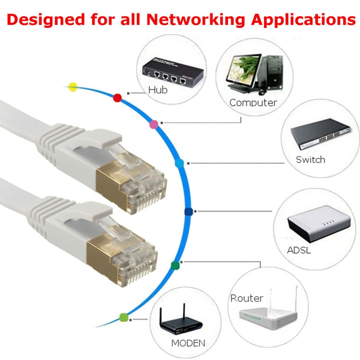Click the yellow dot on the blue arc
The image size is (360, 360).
72,87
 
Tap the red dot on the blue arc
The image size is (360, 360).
117,98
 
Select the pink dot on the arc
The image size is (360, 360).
154,124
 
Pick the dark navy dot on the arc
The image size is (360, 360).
188,212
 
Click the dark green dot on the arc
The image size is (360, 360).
175,264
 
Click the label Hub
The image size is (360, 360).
158,89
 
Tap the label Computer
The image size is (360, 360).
253,102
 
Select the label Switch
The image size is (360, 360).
310,159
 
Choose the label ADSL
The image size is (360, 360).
299,251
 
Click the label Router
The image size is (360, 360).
247,298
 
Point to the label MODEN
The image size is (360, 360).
188,343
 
